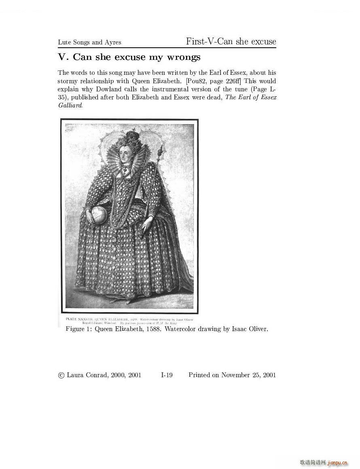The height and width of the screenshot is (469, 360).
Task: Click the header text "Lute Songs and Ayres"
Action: pos(89,42)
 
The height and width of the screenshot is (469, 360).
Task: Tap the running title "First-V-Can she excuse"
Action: pos(231,42)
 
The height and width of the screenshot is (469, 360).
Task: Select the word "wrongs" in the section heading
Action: pos(184,57)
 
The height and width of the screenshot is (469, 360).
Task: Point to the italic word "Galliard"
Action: pos(70,105)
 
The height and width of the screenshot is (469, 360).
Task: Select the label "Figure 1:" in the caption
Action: pos(78,329)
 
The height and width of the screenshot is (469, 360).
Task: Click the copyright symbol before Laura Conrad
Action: pos(61,375)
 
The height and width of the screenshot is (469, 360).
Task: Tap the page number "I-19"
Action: pos(167,375)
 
